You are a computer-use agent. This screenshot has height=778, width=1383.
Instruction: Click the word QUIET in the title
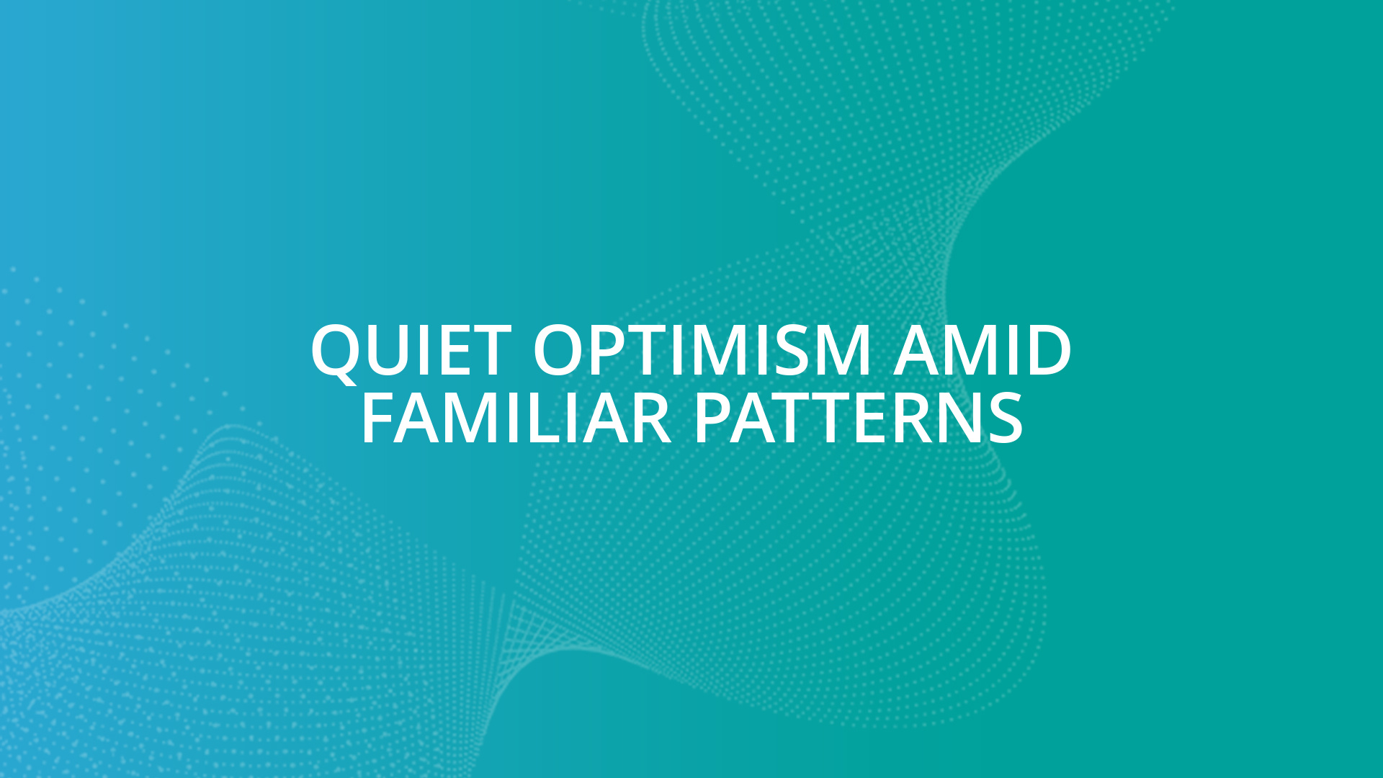click(411, 351)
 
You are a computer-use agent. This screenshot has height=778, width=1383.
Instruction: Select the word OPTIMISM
click(702, 351)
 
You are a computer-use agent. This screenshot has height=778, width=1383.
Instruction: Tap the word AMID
click(983, 351)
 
